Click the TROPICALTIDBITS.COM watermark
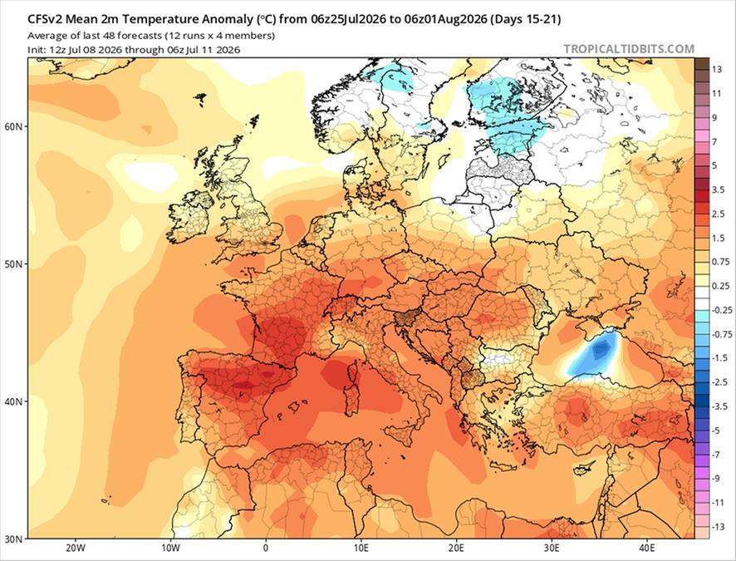(x=629, y=49)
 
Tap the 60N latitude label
(x=18, y=127)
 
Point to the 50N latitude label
(x=18, y=263)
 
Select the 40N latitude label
(x=18, y=401)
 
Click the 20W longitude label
(x=75, y=548)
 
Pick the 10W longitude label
(x=170, y=548)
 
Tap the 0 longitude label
(x=266, y=548)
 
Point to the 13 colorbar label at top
(x=716, y=70)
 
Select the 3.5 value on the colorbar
(x=719, y=189)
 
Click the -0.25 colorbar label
(x=722, y=310)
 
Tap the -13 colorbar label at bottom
(x=719, y=527)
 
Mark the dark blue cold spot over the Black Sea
(x=601, y=349)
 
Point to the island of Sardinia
(x=350, y=400)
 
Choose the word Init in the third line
(x=35, y=50)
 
